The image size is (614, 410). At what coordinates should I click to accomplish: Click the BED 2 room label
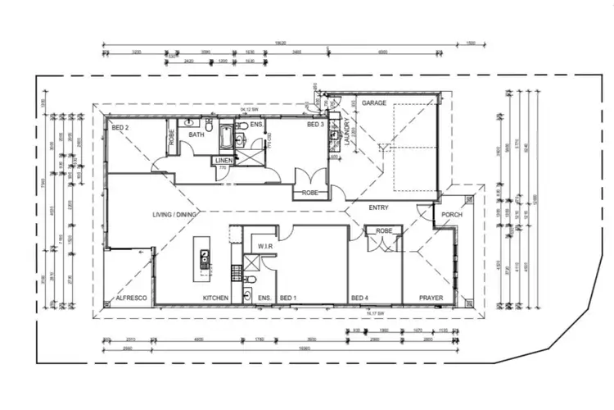[x=121, y=129]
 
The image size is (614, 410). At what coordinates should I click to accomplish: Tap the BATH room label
[x=196, y=134]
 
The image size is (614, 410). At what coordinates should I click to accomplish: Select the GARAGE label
[x=374, y=104]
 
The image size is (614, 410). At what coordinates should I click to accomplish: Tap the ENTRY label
[x=378, y=207]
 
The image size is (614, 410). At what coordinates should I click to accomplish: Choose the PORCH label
[x=453, y=215]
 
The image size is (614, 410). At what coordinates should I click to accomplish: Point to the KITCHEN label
[x=215, y=298]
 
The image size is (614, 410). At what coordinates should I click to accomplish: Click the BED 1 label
[x=288, y=298]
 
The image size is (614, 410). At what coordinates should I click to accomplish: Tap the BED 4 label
[x=359, y=298]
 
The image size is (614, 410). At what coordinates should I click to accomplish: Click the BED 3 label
[x=316, y=125]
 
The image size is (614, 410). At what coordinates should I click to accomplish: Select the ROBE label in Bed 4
[x=384, y=232]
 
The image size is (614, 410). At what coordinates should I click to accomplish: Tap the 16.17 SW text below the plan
[x=376, y=314]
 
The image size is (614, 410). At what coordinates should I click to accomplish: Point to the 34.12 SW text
[x=251, y=108]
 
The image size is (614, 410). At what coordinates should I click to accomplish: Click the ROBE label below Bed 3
[x=309, y=194]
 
